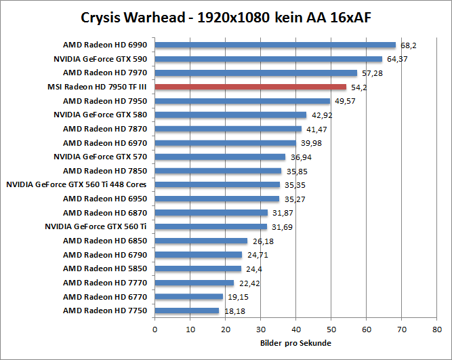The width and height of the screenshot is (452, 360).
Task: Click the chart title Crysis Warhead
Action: coord(225,16)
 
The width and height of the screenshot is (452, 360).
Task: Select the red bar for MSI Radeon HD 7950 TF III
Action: coord(251,87)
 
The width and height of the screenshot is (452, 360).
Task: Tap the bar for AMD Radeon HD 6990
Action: coord(275,45)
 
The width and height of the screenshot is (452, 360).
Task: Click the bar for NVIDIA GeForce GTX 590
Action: coord(268,59)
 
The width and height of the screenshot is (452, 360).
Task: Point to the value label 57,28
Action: coord(372,73)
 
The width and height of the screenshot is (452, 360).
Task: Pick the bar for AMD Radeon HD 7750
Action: coord(187,311)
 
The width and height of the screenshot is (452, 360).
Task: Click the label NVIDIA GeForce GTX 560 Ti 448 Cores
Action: coord(77,184)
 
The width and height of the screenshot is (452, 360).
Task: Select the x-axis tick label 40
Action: coord(295,330)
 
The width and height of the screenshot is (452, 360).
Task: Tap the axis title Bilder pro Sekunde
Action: coord(295,343)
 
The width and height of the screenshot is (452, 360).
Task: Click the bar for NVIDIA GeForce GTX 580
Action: coord(230,115)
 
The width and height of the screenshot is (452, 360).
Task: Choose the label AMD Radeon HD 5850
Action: coord(105,268)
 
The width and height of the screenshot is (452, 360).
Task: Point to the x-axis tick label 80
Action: coord(436,330)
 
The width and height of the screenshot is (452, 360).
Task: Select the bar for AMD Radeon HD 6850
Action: coord(201,241)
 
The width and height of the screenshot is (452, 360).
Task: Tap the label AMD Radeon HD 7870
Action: coord(105,129)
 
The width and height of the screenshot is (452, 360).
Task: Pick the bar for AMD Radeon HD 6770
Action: coord(189,297)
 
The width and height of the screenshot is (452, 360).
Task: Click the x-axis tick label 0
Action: coord(155,330)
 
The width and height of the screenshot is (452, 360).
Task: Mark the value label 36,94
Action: coord(300,157)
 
